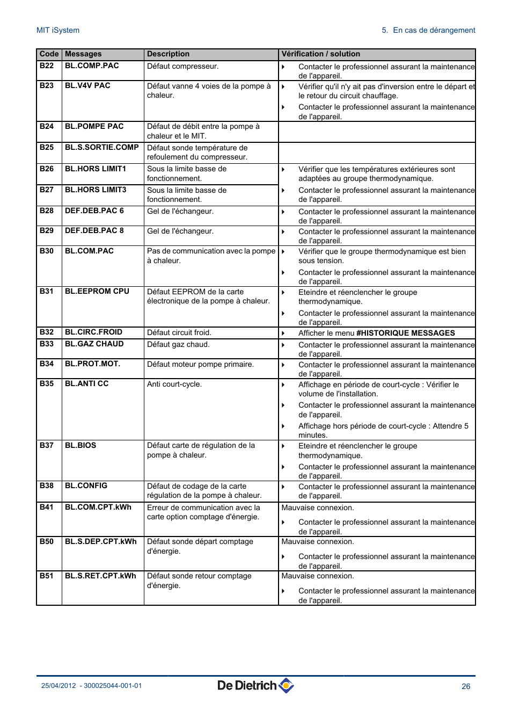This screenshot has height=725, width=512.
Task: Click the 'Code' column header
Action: (49, 54)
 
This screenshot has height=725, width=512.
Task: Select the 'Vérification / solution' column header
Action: (320, 54)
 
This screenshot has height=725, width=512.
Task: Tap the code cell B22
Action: (47, 66)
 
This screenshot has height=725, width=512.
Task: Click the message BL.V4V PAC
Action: (87, 86)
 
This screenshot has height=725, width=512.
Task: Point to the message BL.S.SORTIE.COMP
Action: (101, 148)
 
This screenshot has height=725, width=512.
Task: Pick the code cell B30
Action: (47, 251)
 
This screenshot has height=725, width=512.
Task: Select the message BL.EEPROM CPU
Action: (97, 292)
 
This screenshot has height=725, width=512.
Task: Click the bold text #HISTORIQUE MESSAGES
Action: (405, 334)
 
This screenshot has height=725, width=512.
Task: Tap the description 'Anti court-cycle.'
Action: (174, 385)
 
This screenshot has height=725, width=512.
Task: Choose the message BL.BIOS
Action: (81, 446)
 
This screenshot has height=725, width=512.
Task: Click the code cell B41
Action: (47, 508)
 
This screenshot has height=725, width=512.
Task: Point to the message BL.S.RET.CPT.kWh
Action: (100, 576)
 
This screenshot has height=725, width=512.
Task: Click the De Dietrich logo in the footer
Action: (255, 686)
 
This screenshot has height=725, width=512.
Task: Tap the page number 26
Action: (466, 686)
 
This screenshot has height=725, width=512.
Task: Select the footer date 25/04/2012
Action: (58, 686)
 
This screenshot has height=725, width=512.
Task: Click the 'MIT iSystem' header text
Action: (58, 31)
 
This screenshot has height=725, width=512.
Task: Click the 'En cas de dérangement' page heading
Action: (434, 31)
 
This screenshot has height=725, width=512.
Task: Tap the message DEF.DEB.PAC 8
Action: (94, 231)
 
